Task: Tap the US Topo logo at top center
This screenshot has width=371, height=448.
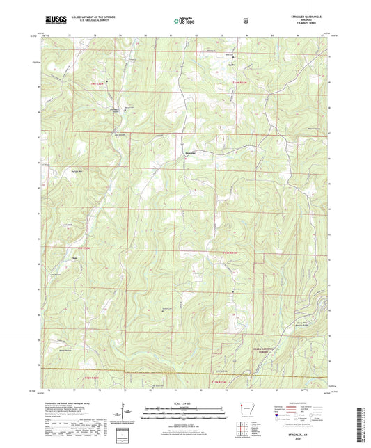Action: tap(184, 22)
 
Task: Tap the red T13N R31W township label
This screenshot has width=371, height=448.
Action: tap(230, 250)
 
